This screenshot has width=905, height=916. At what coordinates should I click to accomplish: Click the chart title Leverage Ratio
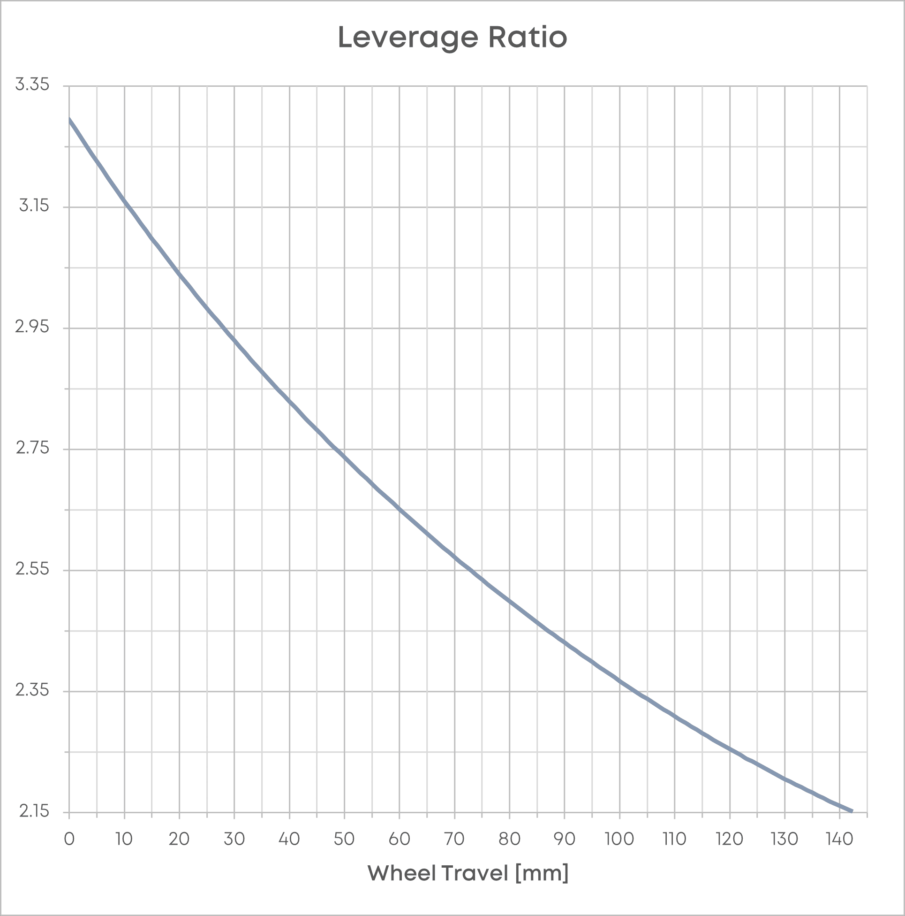point(452,38)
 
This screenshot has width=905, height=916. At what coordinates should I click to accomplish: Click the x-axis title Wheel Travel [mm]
point(468,873)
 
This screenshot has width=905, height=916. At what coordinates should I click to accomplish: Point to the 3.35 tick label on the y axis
point(32,85)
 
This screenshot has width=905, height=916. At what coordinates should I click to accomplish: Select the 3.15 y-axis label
point(34,206)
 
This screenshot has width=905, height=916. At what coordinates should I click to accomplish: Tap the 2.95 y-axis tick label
point(32,327)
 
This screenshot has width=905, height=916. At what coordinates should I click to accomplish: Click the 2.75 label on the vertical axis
point(32,448)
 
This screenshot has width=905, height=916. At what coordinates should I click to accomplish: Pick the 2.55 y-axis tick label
point(32,569)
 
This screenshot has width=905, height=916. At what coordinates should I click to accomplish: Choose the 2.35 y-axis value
point(32,690)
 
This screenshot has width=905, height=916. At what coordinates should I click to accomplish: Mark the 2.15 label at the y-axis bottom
point(34,811)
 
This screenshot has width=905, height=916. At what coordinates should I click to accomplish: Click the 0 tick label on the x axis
point(69,839)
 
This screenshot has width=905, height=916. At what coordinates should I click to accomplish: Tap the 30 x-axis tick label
point(234,839)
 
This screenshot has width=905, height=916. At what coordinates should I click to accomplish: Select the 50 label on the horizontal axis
point(344,839)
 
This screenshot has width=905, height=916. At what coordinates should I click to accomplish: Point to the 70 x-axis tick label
point(454,839)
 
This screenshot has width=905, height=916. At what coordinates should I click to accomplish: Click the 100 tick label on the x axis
point(619,839)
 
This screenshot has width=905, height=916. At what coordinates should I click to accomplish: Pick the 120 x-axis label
point(729,839)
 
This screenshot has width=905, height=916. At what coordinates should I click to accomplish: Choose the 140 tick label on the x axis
point(840,839)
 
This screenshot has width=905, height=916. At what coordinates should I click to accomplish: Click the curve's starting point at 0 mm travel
point(70,119)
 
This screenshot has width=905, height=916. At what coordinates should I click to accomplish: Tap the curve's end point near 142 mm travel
point(852,811)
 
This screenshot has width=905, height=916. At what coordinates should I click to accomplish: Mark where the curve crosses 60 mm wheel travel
point(400,509)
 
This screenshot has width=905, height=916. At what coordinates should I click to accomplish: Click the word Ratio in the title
point(528,38)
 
